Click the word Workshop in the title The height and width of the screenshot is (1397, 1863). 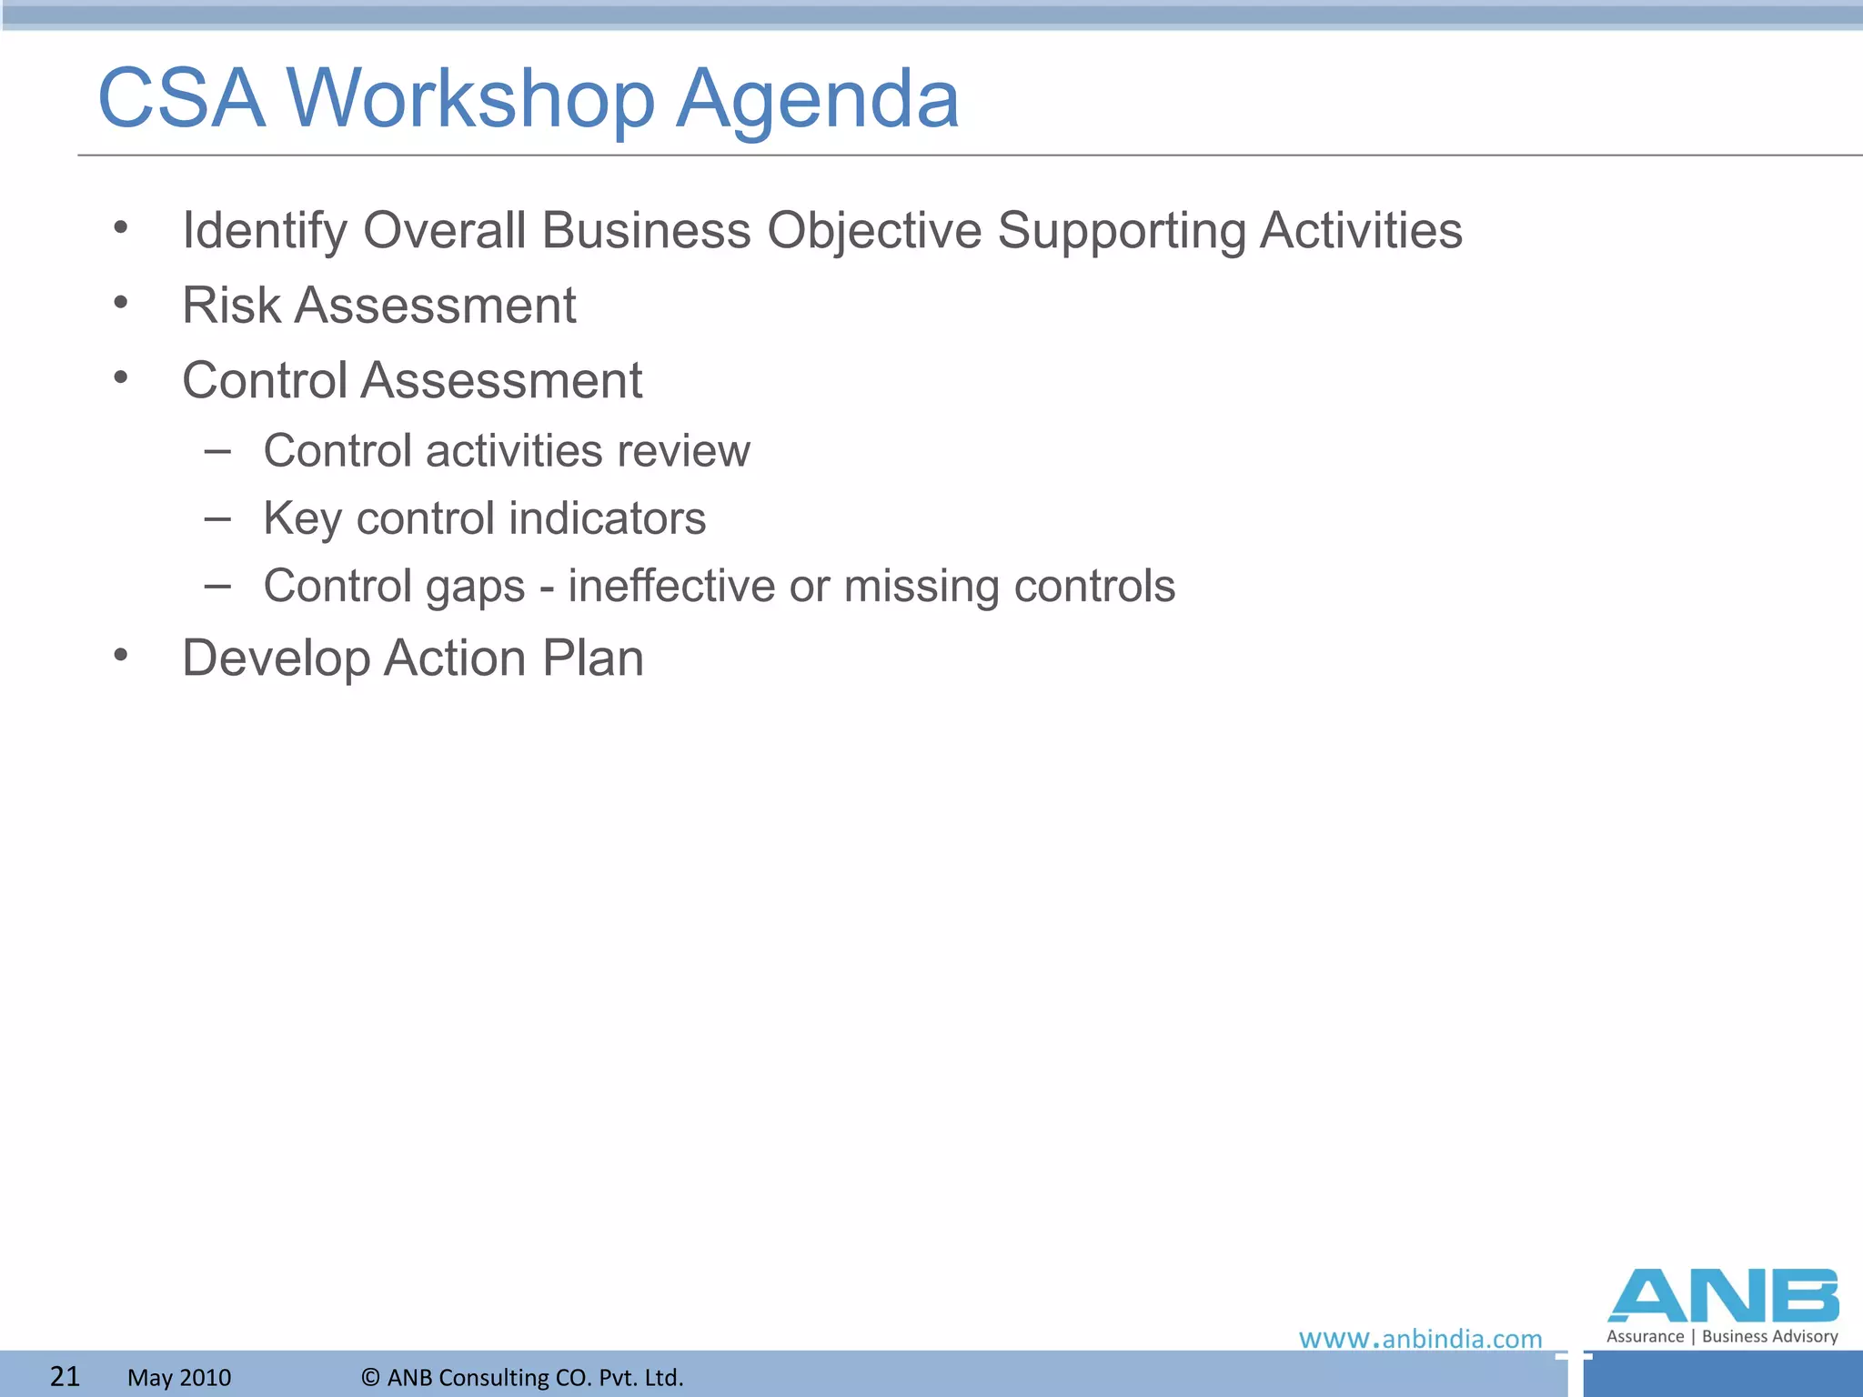470,98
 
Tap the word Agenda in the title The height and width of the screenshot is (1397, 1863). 817,98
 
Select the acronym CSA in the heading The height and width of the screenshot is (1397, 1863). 181,98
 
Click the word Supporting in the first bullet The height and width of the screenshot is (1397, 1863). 1121,230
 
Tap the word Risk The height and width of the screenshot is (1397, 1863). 231,306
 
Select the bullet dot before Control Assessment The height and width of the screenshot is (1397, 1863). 121,377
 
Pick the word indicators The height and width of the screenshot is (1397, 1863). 607,518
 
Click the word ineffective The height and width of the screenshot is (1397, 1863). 671,586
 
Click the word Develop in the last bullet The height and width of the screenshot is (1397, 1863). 276,658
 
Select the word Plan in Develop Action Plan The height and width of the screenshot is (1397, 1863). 592,658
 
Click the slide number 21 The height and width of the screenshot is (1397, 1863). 65,1376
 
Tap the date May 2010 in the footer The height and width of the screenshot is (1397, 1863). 179,1377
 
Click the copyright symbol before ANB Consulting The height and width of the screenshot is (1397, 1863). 370,1377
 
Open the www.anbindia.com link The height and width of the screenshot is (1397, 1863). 1420,1339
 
